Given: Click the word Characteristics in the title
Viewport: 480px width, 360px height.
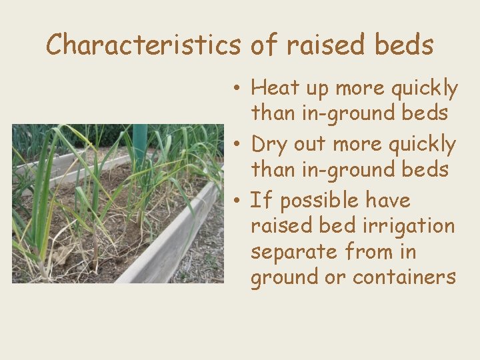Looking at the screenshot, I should click(143, 45).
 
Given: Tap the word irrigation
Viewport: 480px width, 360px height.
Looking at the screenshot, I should click(409, 226).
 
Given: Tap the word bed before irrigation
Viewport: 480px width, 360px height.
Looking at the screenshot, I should click(337, 226).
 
